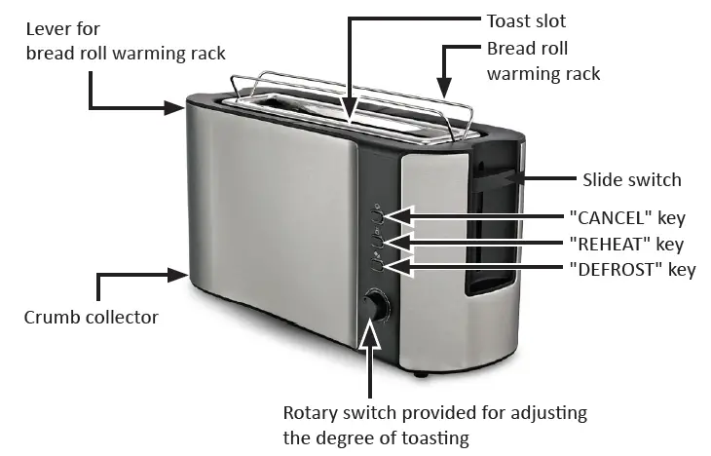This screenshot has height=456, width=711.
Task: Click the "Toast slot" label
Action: click(526, 20)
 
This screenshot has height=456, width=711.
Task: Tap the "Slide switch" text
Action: click(631, 179)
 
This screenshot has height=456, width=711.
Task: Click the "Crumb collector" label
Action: click(92, 318)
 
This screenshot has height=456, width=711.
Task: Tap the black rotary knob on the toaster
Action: click(375, 307)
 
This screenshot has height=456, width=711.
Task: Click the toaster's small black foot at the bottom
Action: click(419, 372)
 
